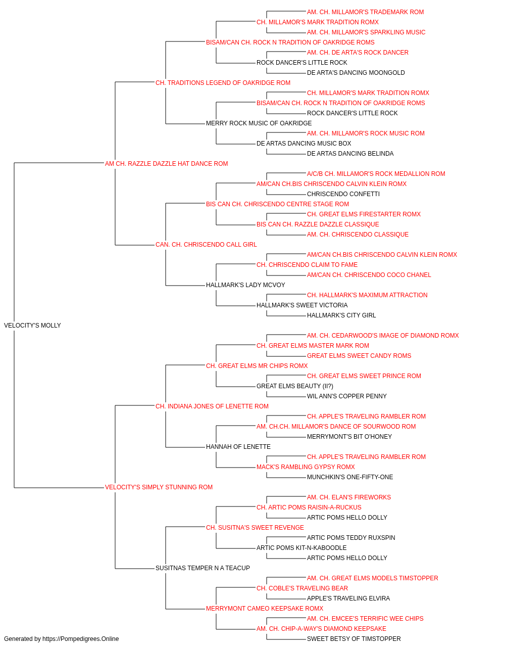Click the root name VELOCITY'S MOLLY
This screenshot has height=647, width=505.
point(32,326)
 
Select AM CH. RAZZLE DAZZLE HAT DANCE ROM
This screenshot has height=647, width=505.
point(166,164)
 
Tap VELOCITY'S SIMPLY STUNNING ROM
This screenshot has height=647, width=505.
point(159,487)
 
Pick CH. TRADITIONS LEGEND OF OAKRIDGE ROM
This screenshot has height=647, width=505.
point(223,83)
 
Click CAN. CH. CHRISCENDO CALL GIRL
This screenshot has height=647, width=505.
point(206,245)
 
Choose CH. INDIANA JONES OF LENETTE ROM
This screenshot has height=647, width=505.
point(212,406)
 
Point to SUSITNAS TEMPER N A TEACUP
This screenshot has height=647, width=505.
point(203,568)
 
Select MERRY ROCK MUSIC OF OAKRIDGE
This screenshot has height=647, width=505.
point(259,123)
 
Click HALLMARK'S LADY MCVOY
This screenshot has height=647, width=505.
point(245,285)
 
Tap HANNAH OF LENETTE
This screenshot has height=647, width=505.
point(238,447)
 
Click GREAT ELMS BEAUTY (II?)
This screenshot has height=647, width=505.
point(295,386)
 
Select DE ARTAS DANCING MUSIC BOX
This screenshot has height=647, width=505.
point(304,144)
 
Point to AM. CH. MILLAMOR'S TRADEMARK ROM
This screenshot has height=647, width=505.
point(365,12)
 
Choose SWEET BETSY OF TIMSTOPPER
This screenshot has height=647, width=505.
point(353,639)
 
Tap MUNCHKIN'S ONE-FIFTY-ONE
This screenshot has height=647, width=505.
point(350,477)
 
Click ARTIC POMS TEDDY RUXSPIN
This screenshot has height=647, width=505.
point(351,537)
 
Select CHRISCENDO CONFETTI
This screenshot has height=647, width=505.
point(343,194)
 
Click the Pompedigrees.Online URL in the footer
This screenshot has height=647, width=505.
point(80,639)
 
